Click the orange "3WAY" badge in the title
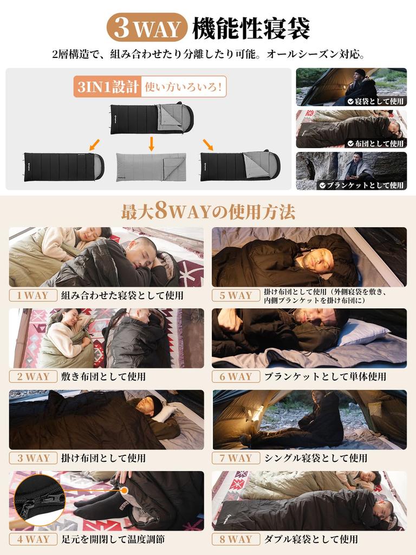click(x=147, y=28)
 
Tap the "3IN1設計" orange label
click(x=107, y=87)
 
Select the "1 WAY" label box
click(x=33, y=295)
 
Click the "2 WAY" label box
click(x=33, y=377)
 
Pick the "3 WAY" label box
click(x=33, y=458)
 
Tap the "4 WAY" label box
click(x=33, y=539)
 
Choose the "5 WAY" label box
click(x=236, y=295)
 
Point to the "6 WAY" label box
click(x=236, y=377)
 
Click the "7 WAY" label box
click(x=236, y=458)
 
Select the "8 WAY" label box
click(x=236, y=539)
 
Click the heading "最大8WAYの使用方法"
click(x=208, y=212)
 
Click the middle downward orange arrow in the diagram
click(x=152, y=144)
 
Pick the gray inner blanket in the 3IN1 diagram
click(x=151, y=166)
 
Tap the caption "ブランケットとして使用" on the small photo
click(x=366, y=185)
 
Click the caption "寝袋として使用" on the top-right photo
click(x=380, y=101)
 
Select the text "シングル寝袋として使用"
click(x=316, y=458)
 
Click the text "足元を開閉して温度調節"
click(x=113, y=539)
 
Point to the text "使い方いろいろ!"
click(x=184, y=87)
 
